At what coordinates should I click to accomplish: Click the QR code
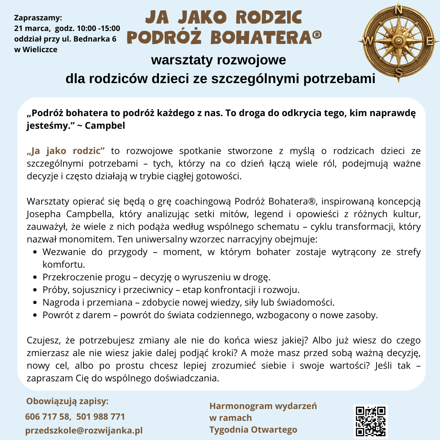[x=370, y=421]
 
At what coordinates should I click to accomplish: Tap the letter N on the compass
[x=398, y=9]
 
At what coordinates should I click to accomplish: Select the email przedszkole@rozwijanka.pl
[x=84, y=431]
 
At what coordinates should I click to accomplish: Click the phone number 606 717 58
[x=47, y=417]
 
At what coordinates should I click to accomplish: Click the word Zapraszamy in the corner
[x=38, y=18]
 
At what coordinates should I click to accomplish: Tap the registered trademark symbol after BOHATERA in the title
[x=316, y=36]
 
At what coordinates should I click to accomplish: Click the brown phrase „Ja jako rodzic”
[x=66, y=151]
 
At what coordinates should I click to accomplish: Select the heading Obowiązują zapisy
[x=68, y=401]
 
